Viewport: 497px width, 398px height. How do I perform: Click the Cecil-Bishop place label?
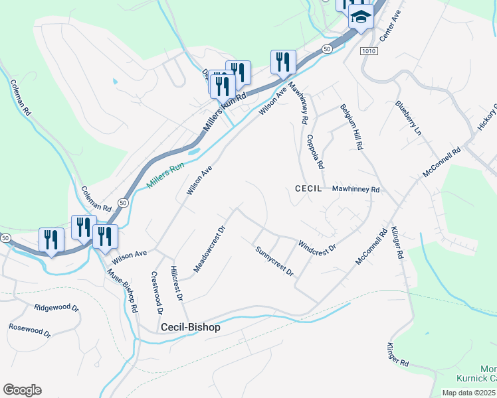[x=190, y=328]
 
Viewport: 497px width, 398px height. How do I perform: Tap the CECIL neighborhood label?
[x=308, y=189]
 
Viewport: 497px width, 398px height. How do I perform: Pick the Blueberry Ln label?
[x=408, y=118]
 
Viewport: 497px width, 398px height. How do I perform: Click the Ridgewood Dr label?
[x=56, y=308]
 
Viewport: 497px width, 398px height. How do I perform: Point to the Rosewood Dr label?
[x=30, y=331]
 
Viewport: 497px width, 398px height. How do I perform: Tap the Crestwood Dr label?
[x=157, y=293]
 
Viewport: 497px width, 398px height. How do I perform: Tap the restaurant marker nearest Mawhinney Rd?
[x=283, y=62]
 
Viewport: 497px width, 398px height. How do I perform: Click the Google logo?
[x=22, y=390]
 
